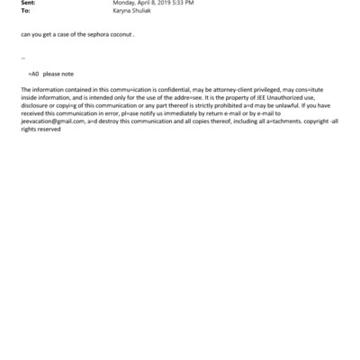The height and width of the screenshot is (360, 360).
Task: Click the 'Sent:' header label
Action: (28, 4)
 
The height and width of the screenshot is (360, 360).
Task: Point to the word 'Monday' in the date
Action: (126, 4)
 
